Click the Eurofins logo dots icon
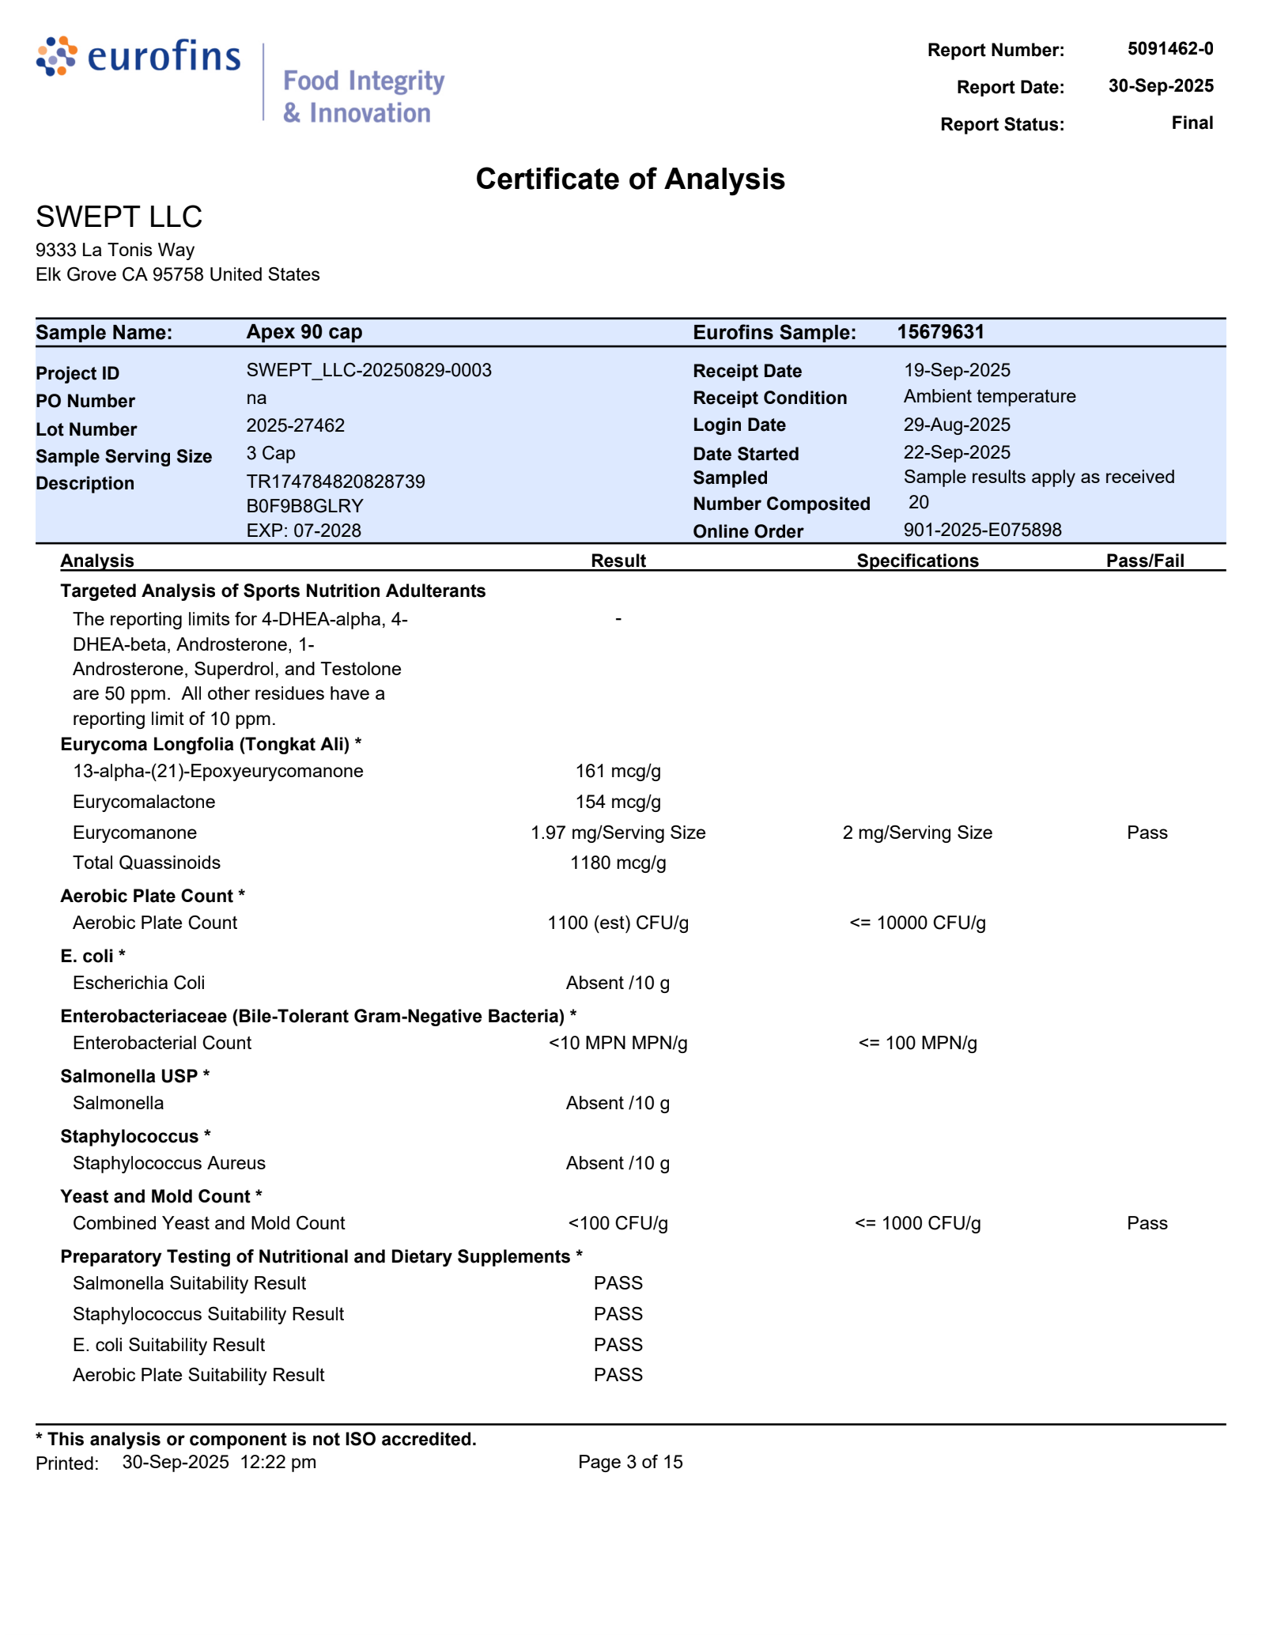coord(57,56)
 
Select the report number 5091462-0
coord(1169,49)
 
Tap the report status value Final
coord(1192,123)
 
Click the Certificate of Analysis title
coord(630,179)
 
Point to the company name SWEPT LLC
coord(119,217)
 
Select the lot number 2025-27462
coord(295,425)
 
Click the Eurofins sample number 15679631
coord(940,332)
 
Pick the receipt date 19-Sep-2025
coord(957,370)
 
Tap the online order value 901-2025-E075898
coord(982,530)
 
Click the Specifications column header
coord(917,561)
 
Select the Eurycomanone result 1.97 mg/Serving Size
coord(618,833)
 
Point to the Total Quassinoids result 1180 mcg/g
coord(618,863)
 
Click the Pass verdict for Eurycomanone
coord(1147,833)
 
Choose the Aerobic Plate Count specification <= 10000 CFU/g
coord(917,923)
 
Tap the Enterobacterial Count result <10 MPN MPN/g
coord(618,1043)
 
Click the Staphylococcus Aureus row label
coord(169,1163)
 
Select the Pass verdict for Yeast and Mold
coord(1147,1223)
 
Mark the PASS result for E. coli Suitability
coord(618,1345)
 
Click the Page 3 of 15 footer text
coord(630,1462)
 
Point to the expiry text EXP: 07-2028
coord(304,531)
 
